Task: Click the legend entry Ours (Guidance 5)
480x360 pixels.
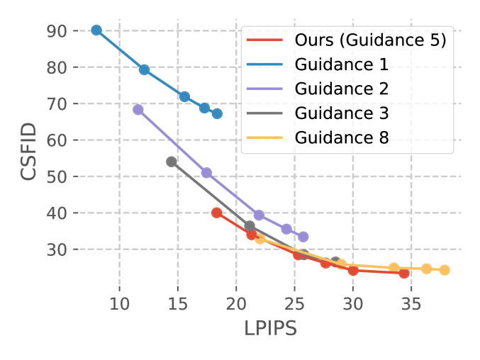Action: (x=370, y=40)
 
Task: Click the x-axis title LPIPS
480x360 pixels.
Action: (x=270, y=329)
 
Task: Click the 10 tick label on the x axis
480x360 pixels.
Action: (x=119, y=305)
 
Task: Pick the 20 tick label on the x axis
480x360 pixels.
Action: (x=235, y=305)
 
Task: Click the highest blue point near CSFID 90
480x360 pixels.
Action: (x=96, y=30)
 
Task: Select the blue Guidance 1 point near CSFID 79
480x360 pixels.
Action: (x=144, y=69)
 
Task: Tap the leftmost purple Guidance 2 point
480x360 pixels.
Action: (x=138, y=110)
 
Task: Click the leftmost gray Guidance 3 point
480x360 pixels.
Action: (x=172, y=162)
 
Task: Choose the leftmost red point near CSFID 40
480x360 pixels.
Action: (x=217, y=213)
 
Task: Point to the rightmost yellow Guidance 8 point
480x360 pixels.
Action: (x=445, y=270)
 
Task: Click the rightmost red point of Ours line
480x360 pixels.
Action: (x=404, y=273)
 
